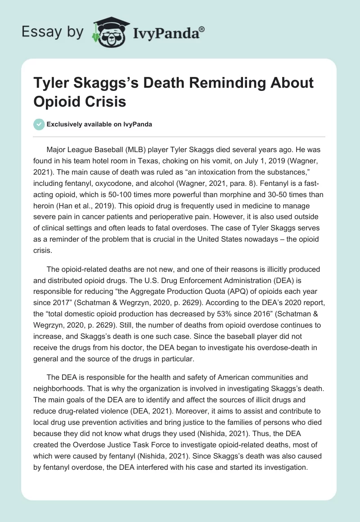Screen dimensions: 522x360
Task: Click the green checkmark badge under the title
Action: tap(39, 124)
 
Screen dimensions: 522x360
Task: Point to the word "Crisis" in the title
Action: tap(104, 102)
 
